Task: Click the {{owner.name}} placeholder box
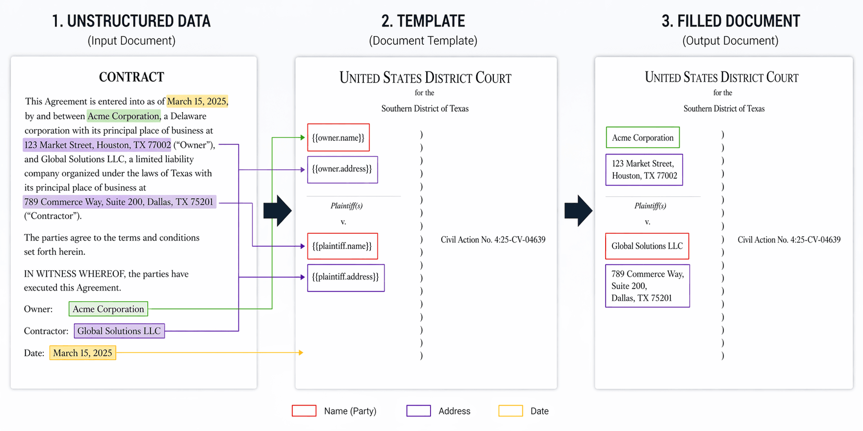(x=338, y=138)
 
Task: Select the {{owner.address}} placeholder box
(x=342, y=169)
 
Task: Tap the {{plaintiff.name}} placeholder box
(x=342, y=246)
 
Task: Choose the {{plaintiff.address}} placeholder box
(x=345, y=277)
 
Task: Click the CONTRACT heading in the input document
(x=131, y=77)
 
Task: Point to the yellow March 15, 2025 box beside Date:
(x=82, y=353)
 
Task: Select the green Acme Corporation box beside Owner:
(x=108, y=309)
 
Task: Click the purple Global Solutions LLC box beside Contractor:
(x=119, y=331)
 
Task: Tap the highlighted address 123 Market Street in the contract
(x=97, y=145)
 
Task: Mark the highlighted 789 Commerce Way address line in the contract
(x=119, y=202)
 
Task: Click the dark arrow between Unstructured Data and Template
(x=277, y=211)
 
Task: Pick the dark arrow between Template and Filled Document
(x=578, y=211)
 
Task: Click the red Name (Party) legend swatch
(x=304, y=411)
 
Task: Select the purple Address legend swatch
(x=418, y=411)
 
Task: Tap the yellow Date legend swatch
(x=510, y=411)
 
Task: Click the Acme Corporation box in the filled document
(x=642, y=138)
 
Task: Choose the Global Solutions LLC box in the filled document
(x=647, y=246)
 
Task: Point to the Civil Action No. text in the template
(x=492, y=240)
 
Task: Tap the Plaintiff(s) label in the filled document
(x=650, y=206)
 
